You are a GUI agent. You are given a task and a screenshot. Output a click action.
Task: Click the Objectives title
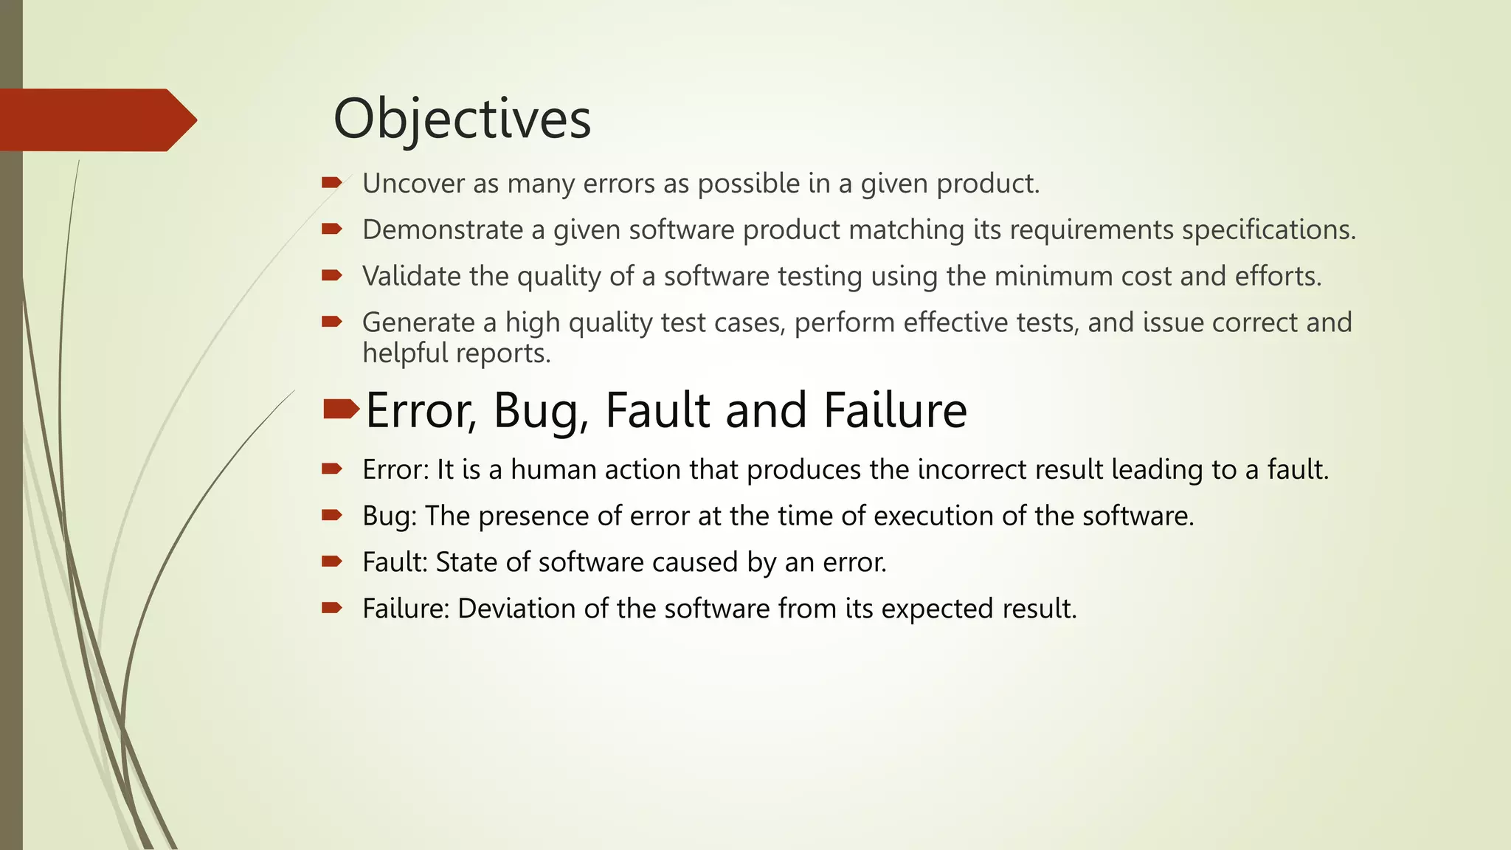point(462,120)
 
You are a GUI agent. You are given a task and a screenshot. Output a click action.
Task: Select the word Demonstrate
point(443,230)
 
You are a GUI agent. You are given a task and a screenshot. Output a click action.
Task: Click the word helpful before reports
point(404,353)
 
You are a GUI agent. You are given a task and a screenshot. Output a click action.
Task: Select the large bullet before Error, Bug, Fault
point(340,408)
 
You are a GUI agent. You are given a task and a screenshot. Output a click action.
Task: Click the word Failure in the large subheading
point(895,410)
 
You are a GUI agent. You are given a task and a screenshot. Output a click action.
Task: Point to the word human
point(553,470)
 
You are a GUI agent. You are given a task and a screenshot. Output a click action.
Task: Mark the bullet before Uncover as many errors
point(331,182)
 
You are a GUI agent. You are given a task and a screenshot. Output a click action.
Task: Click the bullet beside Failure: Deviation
point(331,608)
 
